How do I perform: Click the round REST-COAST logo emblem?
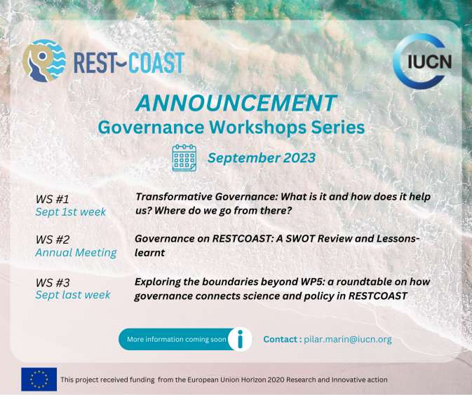(44, 61)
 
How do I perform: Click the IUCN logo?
(422, 61)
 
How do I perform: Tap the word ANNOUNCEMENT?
(236, 103)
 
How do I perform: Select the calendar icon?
(184, 158)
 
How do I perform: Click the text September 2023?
(262, 158)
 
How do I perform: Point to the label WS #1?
(53, 199)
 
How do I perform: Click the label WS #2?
(53, 240)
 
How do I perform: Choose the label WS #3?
(53, 282)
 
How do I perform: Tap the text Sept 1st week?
(71, 212)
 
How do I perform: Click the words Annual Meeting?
(76, 253)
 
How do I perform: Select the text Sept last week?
(73, 295)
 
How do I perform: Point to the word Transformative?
(174, 197)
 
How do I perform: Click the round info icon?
(240, 340)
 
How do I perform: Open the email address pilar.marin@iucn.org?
(348, 340)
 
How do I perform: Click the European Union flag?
(39, 379)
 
